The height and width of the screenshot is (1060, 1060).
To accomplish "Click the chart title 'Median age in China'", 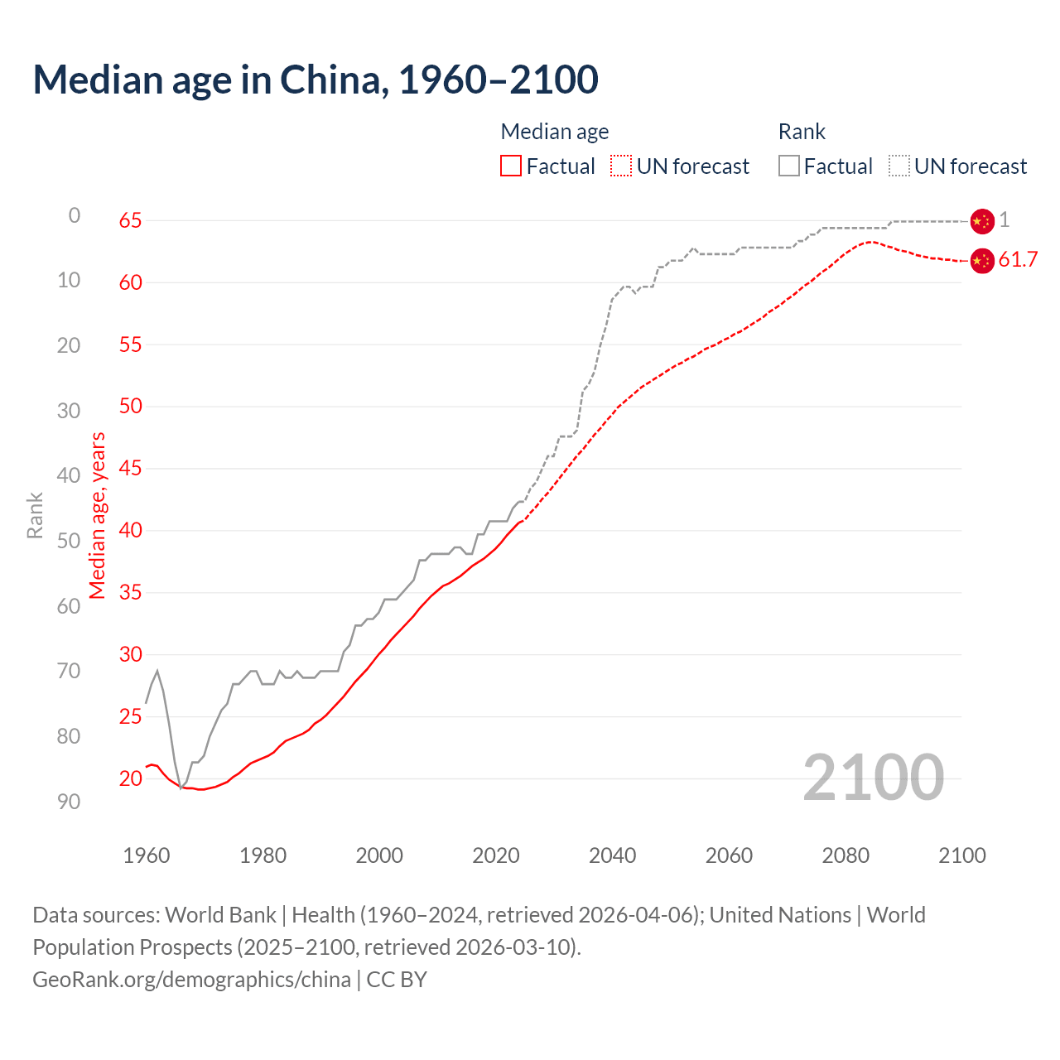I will tap(315, 79).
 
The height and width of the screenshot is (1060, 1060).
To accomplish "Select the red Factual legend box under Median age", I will tap(511, 166).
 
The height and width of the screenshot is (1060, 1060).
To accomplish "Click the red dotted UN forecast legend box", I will tap(621, 166).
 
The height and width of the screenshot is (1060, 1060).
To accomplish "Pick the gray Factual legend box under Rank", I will tap(789, 166).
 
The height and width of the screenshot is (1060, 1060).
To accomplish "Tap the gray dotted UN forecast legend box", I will tap(899, 166).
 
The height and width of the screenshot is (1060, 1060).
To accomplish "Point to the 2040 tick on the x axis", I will tap(612, 855).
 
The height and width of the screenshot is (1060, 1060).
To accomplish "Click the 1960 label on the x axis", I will tap(147, 855).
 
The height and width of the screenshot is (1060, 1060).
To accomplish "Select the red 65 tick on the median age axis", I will tap(130, 220).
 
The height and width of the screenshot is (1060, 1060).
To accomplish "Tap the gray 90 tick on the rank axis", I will tap(69, 802).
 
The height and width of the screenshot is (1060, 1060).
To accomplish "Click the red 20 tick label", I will tap(130, 778).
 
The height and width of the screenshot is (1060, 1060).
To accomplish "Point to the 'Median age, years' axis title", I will tap(98, 515).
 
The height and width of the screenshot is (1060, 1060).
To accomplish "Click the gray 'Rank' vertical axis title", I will tap(35, 515).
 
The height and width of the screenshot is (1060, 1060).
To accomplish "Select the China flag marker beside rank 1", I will tap(981, 221).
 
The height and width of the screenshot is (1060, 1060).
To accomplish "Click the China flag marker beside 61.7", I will tap(981, 261).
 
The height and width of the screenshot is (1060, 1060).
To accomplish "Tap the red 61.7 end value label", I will tap(1018, 260).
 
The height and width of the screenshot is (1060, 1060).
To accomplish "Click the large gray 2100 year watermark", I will tap(874, 778).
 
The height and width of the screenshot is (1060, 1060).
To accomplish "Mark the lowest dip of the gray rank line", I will tap(181, 788).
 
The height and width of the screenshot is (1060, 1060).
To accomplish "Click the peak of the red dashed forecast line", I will tap(870, 242).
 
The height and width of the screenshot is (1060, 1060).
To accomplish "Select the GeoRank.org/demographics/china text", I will tap(191, 980).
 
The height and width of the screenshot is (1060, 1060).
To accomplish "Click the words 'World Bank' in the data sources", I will tap(220, 915).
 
